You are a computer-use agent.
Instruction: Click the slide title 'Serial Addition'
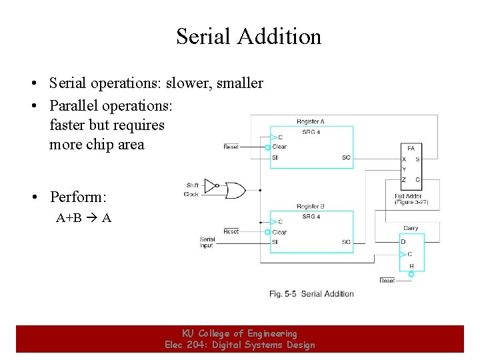249,37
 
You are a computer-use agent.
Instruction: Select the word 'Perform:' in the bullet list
78,197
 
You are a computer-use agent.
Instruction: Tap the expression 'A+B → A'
83,217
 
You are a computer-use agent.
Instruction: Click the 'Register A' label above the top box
311,121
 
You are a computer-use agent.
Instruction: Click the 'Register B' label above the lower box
311,207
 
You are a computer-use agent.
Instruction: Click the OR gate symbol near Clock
235,191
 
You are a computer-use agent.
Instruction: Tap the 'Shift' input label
193,185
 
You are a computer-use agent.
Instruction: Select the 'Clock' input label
192,194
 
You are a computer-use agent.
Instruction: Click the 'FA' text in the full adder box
411,148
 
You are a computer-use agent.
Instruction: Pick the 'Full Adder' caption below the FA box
408,196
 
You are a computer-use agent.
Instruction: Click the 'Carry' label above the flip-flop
411,228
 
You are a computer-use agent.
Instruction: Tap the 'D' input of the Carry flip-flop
403,241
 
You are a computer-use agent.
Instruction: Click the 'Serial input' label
207,242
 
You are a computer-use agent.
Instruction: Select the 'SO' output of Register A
346,157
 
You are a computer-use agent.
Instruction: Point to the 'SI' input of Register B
275,242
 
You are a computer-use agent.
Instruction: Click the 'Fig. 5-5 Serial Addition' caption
311,293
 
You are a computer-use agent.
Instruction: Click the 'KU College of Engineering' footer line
240,333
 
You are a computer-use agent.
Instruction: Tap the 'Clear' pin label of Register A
279,147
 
